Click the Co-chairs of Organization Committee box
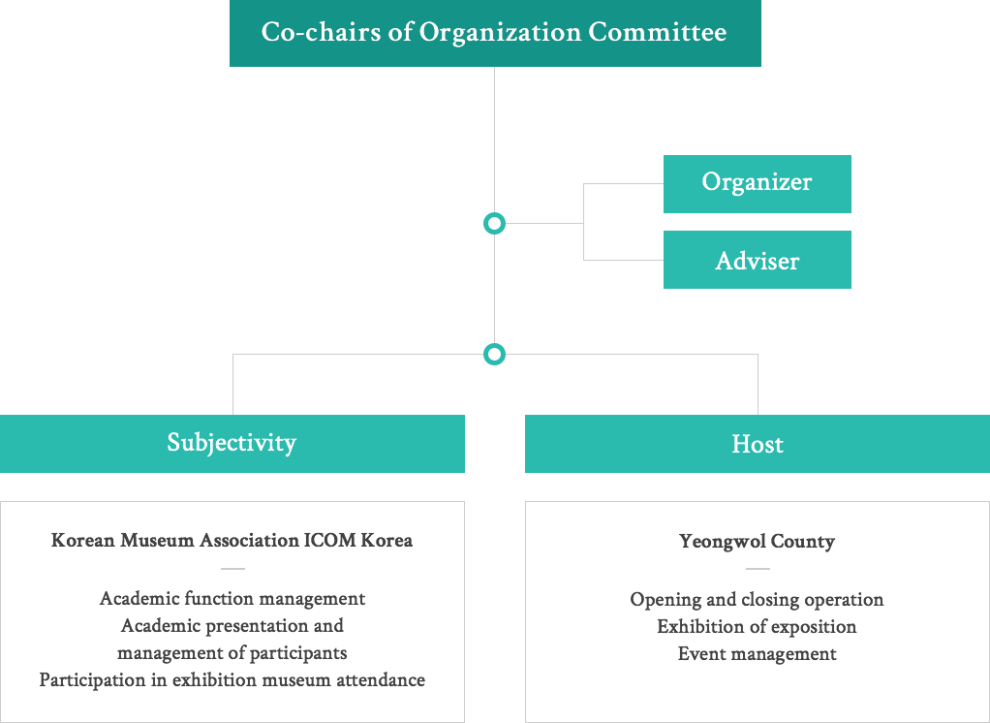[x=495, y=34]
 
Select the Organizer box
[x=757, y=183]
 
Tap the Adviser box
[x=757, y=260]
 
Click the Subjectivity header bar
[x=232, y=444]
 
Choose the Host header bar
[x=757, y=444]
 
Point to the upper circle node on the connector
[x=494, y=224]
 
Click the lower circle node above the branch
[x=494, y=354]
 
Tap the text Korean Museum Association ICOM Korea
[x=232, y=540]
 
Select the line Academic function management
[x=232, y=598]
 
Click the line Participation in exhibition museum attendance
[x=232, y=679]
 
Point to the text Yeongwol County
[x=757, y=542]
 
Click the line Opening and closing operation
[x=757, y=600]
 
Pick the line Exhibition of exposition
[x=757, y=627]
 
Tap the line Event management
[x=757, y=654]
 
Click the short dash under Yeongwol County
[x=758, y=569]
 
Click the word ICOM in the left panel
[x=330, y=540]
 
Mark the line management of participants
[x=232, y=652]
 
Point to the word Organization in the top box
[x=499, y=33]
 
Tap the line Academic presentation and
[x=232, y=625]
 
